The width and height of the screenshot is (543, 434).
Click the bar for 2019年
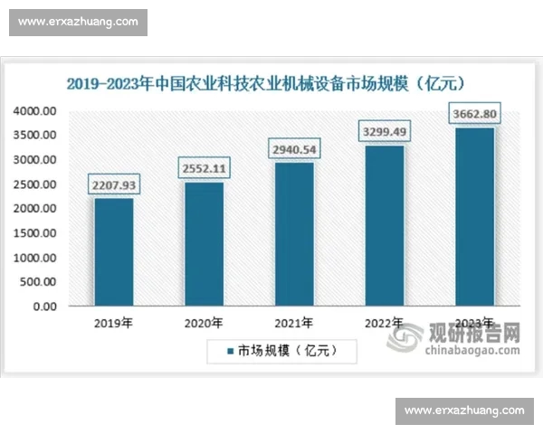113,251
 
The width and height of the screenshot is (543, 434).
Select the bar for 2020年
204,243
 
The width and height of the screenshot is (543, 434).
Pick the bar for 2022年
385,225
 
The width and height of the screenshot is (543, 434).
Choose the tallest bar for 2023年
474,216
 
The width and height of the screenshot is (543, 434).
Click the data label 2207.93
113,184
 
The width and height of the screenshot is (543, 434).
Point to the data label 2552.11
204,168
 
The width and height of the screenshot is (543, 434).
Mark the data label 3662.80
474,114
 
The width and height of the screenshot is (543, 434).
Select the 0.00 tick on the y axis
44,307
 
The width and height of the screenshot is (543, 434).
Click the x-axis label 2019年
113,323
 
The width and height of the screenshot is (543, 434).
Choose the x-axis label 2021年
294,323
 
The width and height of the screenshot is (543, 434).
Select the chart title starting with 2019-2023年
265,84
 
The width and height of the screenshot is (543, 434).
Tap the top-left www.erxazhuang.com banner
78,22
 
